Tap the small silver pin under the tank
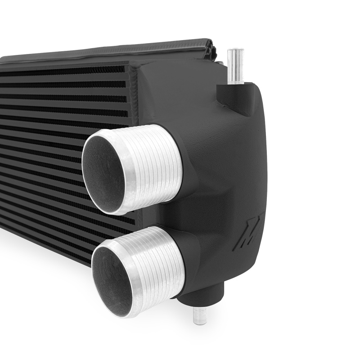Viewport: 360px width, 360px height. click(199, 315)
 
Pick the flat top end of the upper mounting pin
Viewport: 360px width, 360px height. click(235, 51)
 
